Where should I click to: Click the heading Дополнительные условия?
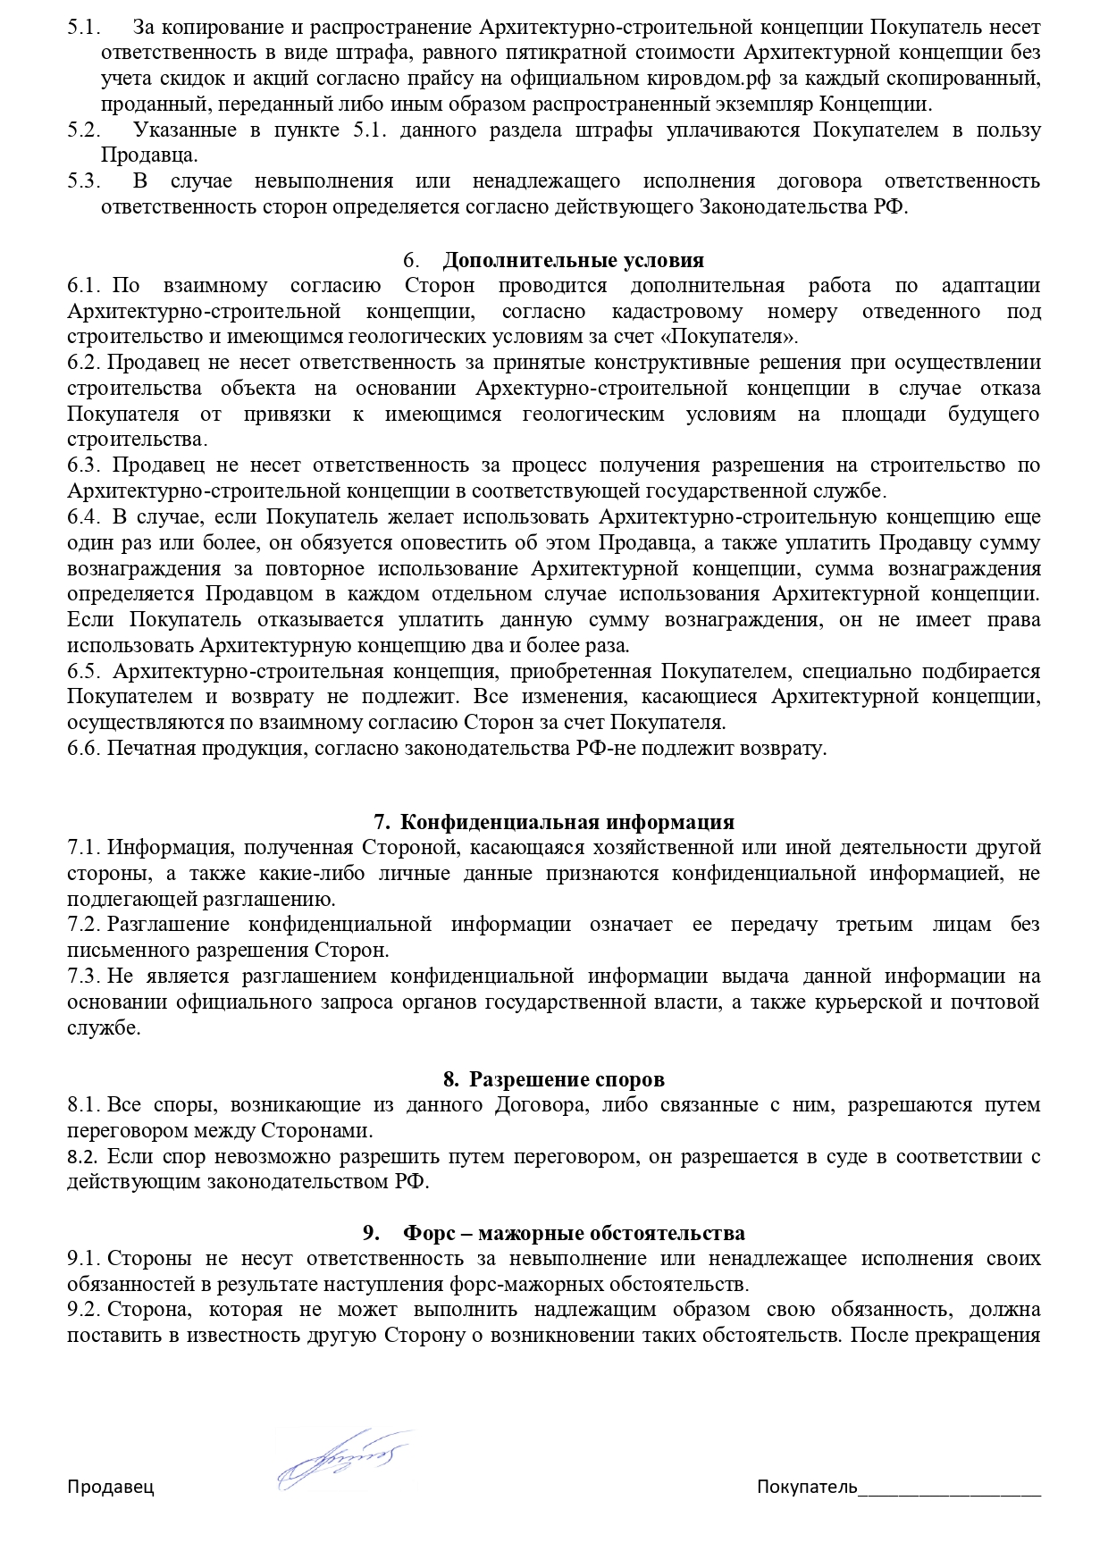(573, 260)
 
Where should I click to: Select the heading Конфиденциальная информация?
(567, 822)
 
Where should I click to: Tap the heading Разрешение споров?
(567, 1079)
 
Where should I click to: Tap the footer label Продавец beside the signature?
(111, 1487)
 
